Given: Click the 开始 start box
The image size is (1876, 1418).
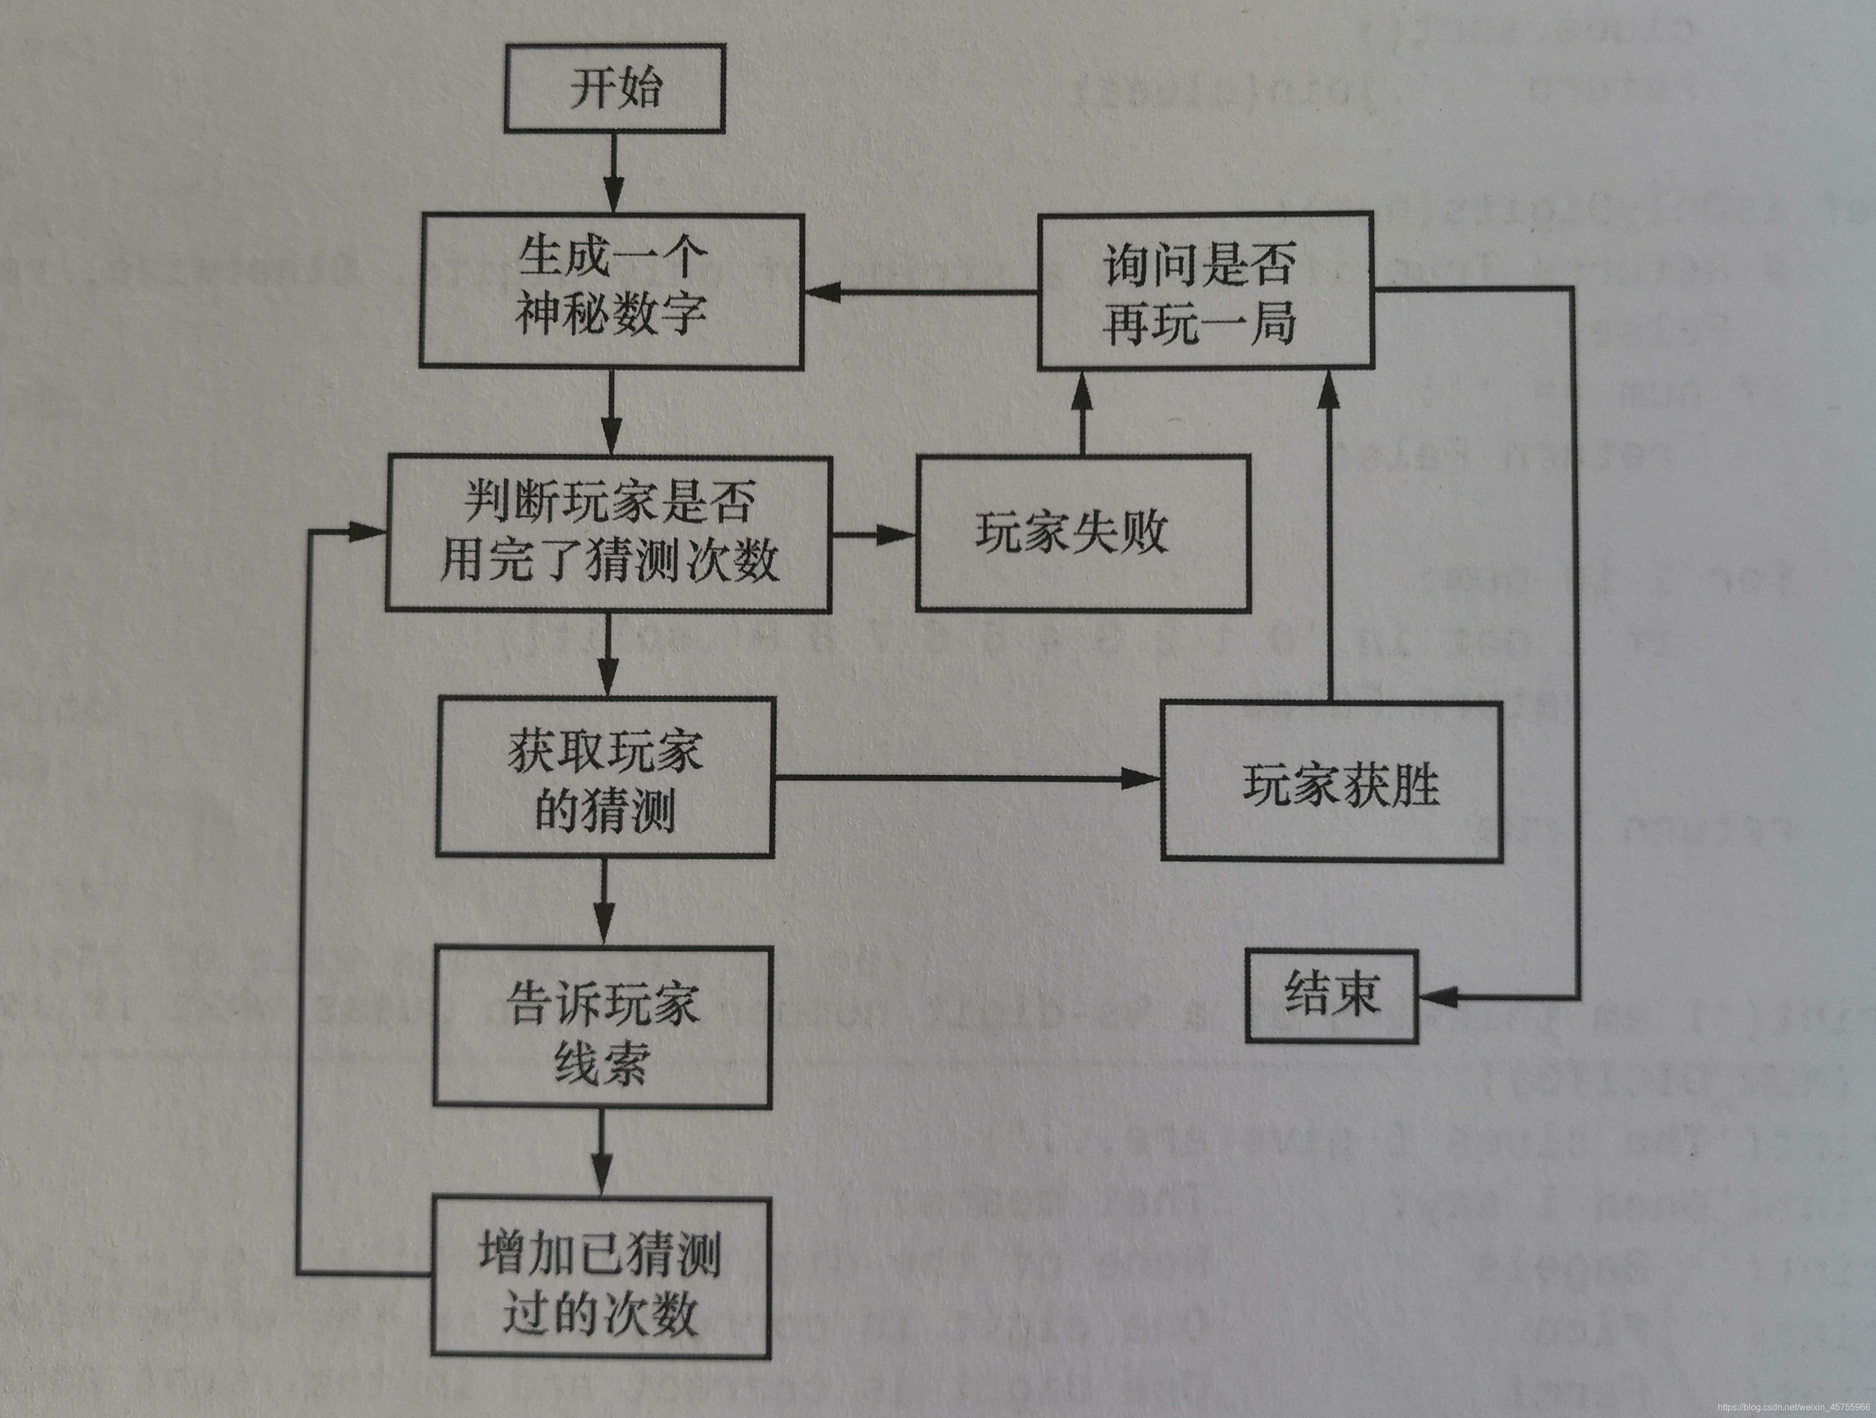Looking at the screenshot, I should pos(614,88).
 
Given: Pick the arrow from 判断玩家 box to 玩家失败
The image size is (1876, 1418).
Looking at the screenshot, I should pos(874,535).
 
